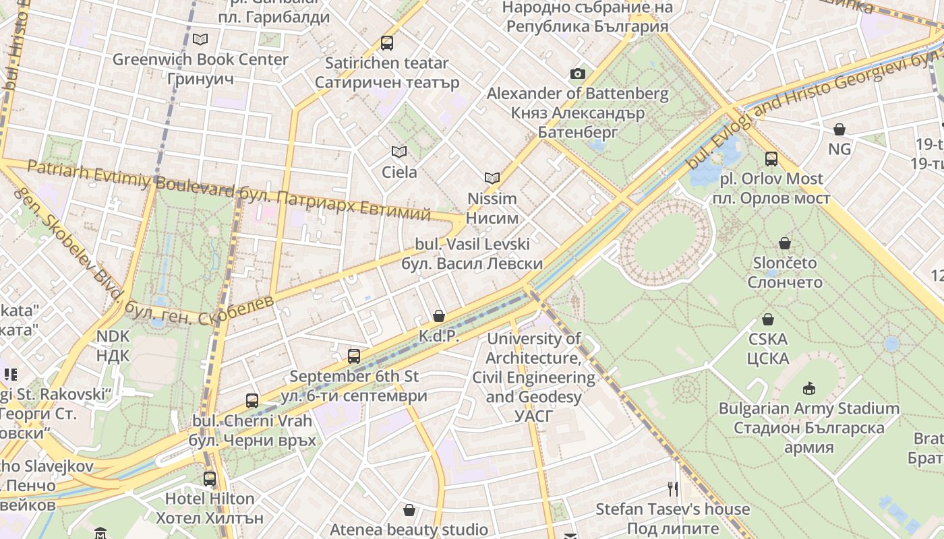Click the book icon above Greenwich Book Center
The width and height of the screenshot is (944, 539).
pyautogui.click(x=200, y=39)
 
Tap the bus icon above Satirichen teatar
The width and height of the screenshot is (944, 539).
pyautogui.click(x=387, y=43)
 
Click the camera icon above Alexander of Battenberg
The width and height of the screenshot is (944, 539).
pyautogui.click(x=578, y=74)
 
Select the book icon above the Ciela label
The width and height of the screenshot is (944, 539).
pyautogui.click(x=399, y=152)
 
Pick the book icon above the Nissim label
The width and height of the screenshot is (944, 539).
pyautogui.click(x=493, y=179)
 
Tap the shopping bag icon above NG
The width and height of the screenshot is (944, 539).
pyautogui.click(x=839, y=129)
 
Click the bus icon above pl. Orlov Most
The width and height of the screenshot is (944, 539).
pyautogui.click(x=771, y=159)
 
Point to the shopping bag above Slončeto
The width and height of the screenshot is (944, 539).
pyautogui.click(x=784, y=243)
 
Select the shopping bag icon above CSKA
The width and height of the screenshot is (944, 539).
pyautogui.click(x=767, y=319)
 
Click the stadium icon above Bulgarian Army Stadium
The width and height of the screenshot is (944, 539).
pyautogui.click(x=808, y=388)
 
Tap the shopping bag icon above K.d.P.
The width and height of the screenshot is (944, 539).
pyautogui.click(x=439, y=316)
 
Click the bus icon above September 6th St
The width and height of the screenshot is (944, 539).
pyautogui.click(x=354, y=356)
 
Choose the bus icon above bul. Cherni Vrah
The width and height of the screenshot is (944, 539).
pyautogui.click(x=252, y=401)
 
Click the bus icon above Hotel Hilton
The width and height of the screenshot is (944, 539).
pyautogui.click(x=210, y=479)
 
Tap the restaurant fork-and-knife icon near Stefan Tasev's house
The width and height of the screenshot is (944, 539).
pyautogui.click(x=672, y=488)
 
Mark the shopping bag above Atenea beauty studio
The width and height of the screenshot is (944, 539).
pyautogui.click(x=409, y=510)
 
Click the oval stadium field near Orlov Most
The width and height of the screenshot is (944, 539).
pyautogui.click(x=664, y=243)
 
